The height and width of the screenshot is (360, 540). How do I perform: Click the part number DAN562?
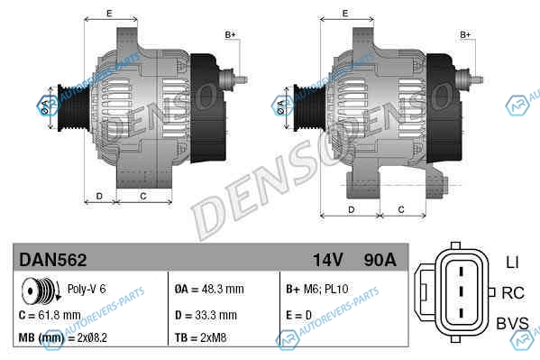coord(53,260)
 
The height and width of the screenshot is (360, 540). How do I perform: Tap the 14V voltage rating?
coord(328,260)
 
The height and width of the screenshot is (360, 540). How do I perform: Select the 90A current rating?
coord(380,260)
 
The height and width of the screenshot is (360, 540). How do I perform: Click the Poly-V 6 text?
coord(87,289)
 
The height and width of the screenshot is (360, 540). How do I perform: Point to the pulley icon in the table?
coord(41,291)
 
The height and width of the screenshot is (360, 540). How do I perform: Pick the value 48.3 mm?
coord(223,289)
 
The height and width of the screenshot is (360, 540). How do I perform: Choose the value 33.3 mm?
coord(216,315)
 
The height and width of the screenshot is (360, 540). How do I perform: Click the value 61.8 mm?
coord(59,315)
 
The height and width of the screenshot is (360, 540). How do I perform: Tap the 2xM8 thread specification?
coord(214,337)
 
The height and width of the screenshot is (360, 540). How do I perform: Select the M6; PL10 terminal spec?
coord(325,289)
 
